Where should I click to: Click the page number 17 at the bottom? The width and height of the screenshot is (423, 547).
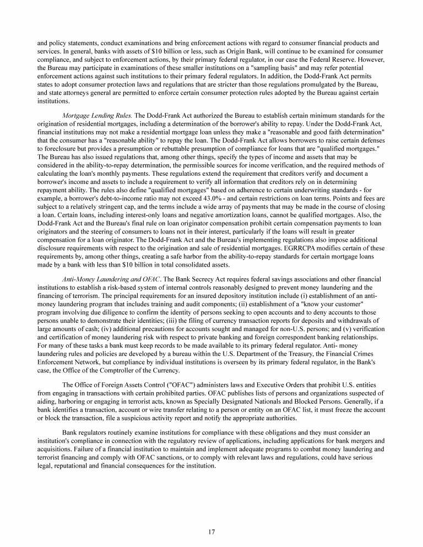(211, 532)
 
